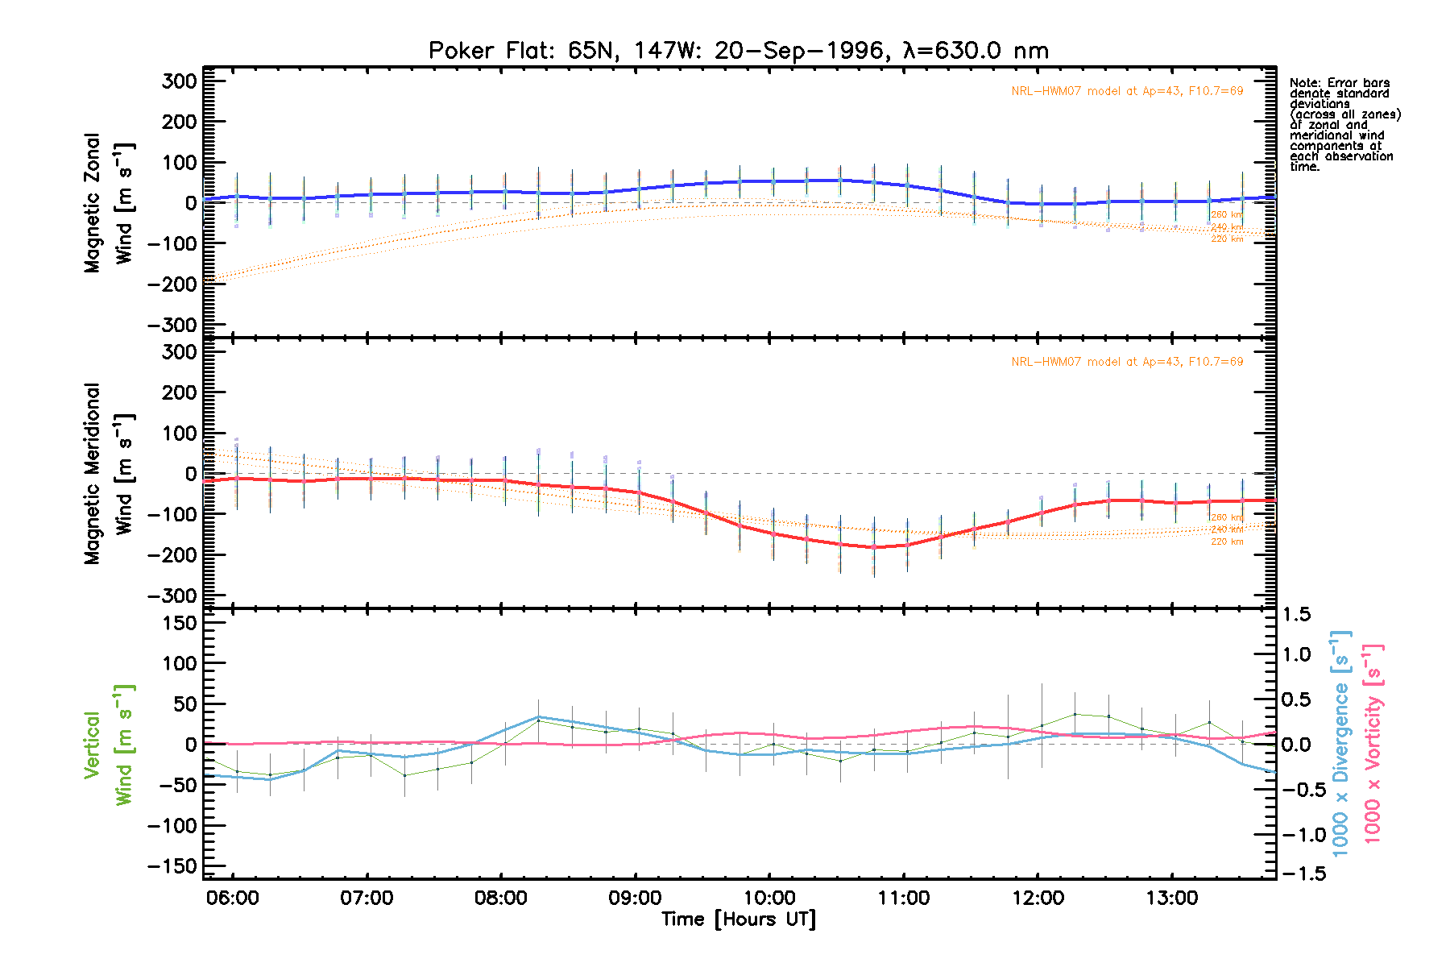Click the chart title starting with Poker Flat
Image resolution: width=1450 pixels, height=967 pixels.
pyautogui.click(x=738, y=51)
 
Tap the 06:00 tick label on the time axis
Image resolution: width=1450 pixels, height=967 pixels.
pyautogui.click(x=233, y=898)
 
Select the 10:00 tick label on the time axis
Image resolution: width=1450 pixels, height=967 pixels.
pyautogui.click(x=769, y=898)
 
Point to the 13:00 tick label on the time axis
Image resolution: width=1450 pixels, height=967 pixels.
pyautogui.click(x=1172, y=898)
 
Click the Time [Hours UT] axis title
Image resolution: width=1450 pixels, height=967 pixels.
pyautogui.click(x=738, y=919)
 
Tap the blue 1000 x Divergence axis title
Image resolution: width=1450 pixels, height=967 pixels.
pyautogui.click(x=1340, y=744)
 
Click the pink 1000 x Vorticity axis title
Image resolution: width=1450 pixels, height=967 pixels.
pyautogui.click(x=1372, y=744)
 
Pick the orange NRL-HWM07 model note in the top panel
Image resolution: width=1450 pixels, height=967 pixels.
pyautogui.click(x=1127, y=91)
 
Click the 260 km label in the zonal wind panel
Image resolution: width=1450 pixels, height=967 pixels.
pyautogui.click(x=1227, y=215)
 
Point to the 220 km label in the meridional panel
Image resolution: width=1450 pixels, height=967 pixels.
pyautogui.click(x=1227, y=542)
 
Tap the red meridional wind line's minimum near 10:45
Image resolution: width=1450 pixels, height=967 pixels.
pyautogui.click(x=874, y=547)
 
